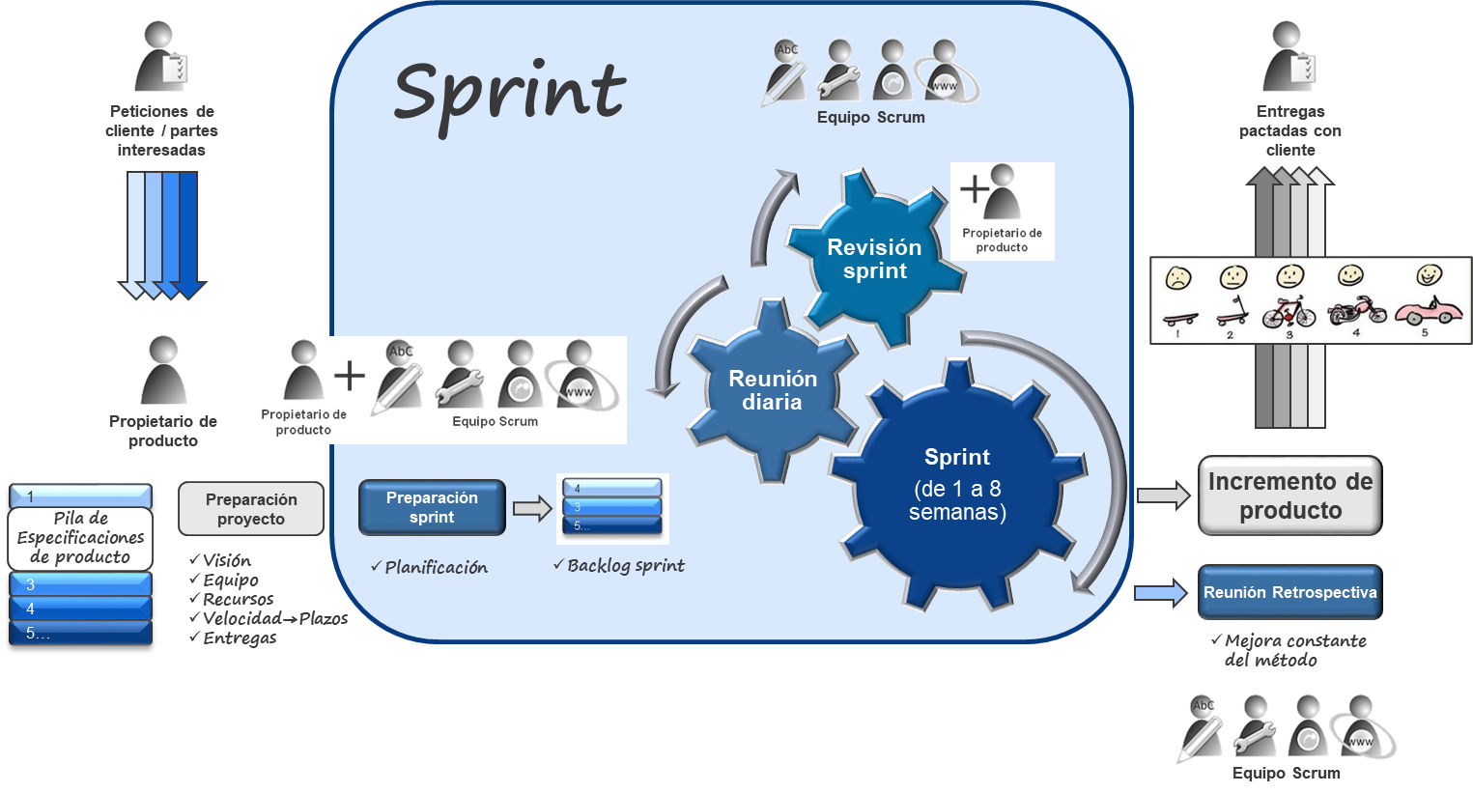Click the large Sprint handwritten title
(x=509, y=95)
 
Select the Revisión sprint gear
(x=874, y=259)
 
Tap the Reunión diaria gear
(x=772, y=390)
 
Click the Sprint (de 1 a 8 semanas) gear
(x=956, y=485)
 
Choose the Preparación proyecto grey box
(x=251, y=509)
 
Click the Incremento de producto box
(x=1289, y=496)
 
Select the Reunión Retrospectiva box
(x=1289, y=593)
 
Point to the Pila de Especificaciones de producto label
(x=80, y=538)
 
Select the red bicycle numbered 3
(x=1289, y=312)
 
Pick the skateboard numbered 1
(x=1178, y=318)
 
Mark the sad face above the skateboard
(x=1177, y=278)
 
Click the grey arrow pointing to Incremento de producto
(x=1163, y=496)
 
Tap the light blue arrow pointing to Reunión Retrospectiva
(x=1160, y=593)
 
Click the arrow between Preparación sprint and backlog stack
(x=531, y=508)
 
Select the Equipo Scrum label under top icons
(x=870, y=118)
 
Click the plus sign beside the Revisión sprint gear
(x=975, y=187)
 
